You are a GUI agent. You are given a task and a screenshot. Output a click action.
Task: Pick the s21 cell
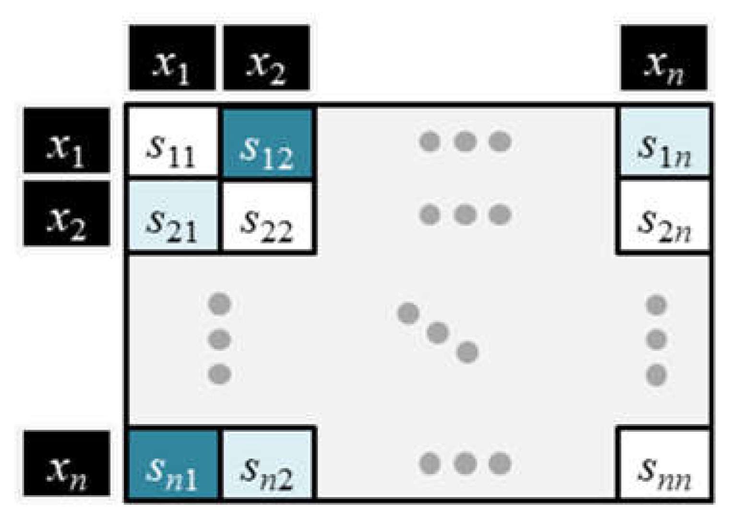tap(173, 216)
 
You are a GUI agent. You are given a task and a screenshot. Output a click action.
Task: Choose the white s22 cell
tap(267, 216)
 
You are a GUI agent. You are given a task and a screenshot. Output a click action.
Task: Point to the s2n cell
tap(664, 216)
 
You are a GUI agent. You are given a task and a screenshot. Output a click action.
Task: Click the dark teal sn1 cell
tap(173, 464)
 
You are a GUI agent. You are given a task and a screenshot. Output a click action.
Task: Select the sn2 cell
tap(267, 464)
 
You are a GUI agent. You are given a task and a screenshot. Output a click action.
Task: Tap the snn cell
tap(664, 464)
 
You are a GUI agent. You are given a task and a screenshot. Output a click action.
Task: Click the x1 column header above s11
tap(172, 58)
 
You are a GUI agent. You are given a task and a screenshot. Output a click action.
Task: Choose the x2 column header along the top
tap(266, 58)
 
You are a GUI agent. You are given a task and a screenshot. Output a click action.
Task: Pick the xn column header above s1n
tap(664, 58)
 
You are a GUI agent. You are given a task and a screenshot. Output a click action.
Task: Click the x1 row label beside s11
tap(67, 140)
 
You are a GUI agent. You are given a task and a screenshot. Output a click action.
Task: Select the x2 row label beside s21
tap(67, 214)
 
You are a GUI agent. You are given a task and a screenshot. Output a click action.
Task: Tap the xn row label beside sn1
tap(67, 463)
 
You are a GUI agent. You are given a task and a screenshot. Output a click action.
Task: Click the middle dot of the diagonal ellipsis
tap(438, 333)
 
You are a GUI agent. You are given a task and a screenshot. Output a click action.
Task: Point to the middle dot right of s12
tap(465, 142)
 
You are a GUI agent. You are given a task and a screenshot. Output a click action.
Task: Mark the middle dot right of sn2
tap(465, 464)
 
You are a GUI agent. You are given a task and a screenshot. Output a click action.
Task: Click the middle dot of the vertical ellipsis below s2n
tap(656, 340)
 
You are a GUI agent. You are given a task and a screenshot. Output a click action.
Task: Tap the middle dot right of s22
tap(465, 215)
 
